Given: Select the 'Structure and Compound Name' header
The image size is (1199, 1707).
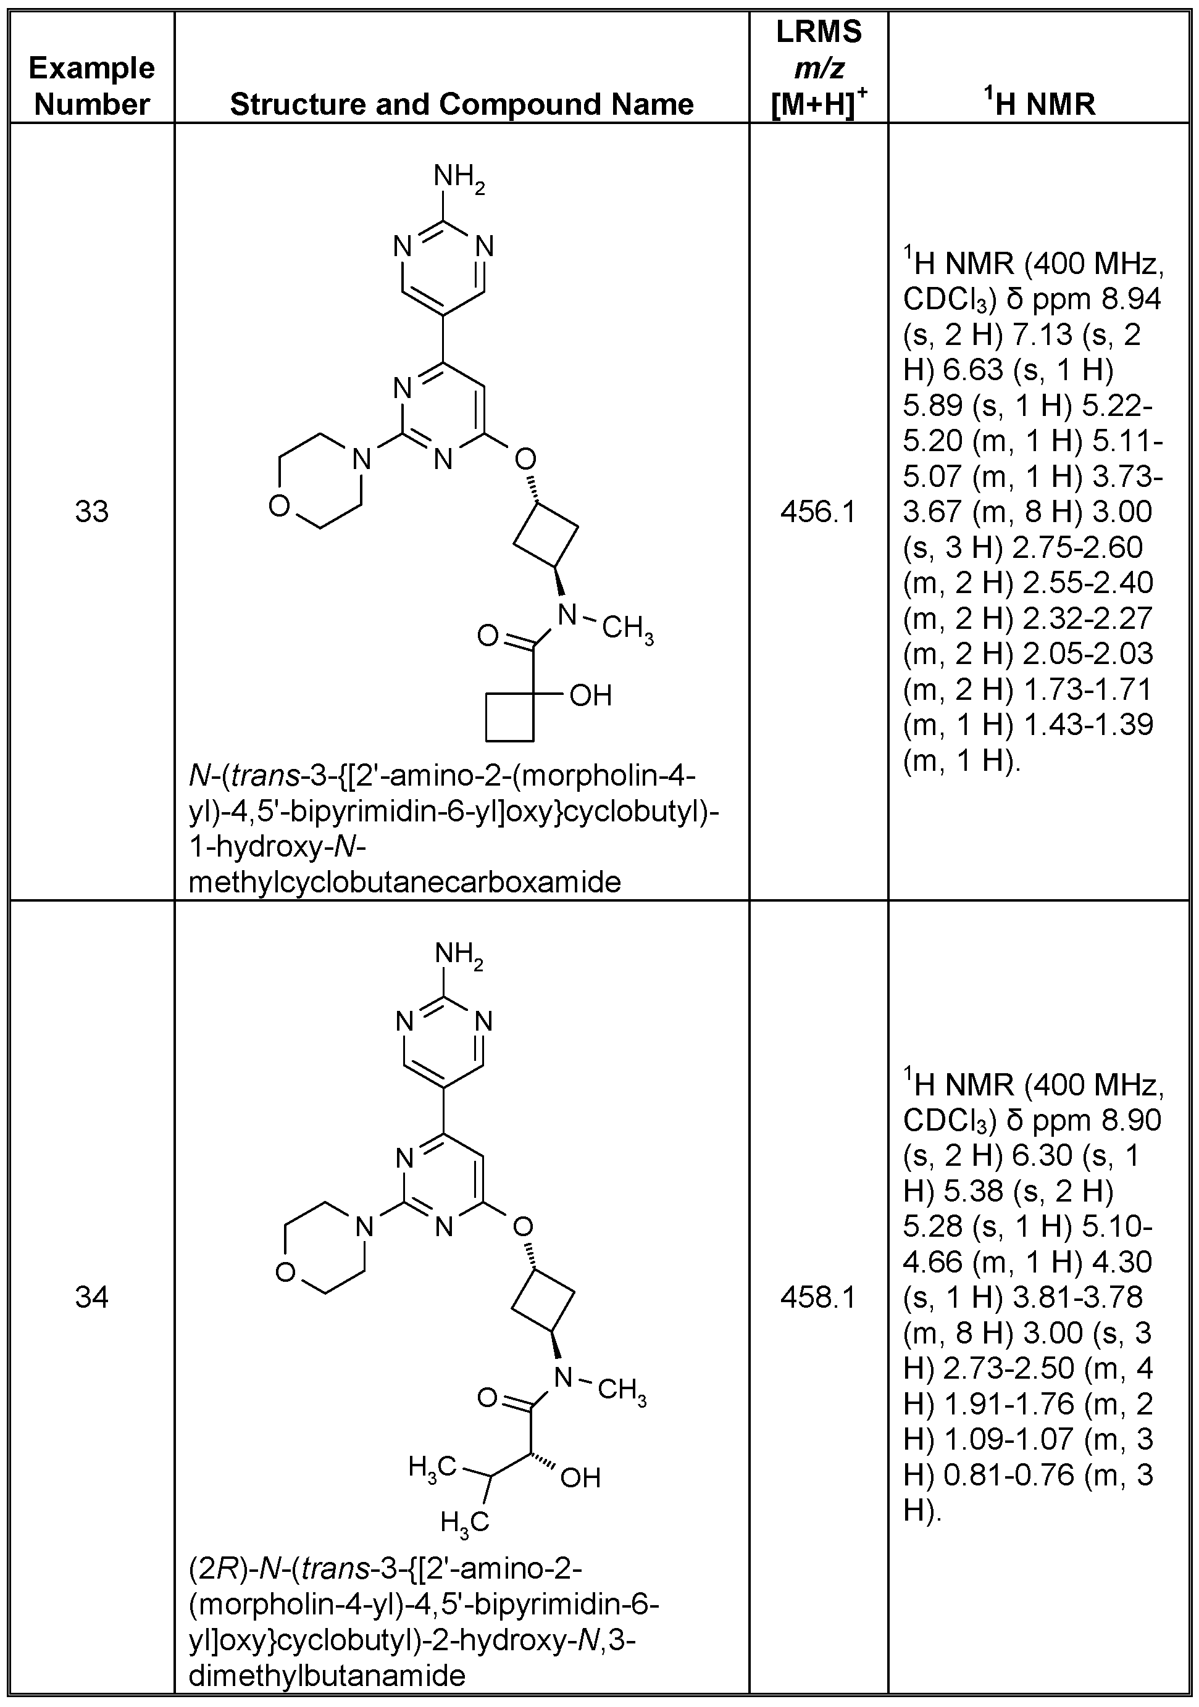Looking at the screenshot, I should [x=461, y=104].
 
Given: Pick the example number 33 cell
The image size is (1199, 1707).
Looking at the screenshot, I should [x=91, y=512].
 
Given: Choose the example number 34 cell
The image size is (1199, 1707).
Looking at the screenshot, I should [x=91, y=1298].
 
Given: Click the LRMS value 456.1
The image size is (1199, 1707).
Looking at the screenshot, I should [x=818, y=512].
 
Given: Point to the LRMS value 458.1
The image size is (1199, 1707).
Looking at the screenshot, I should [x=818, y=1298].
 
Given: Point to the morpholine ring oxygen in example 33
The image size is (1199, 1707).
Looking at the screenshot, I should [x=279, y=506].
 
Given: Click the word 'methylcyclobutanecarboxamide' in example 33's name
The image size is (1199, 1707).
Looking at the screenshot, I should [x=404, y=883].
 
